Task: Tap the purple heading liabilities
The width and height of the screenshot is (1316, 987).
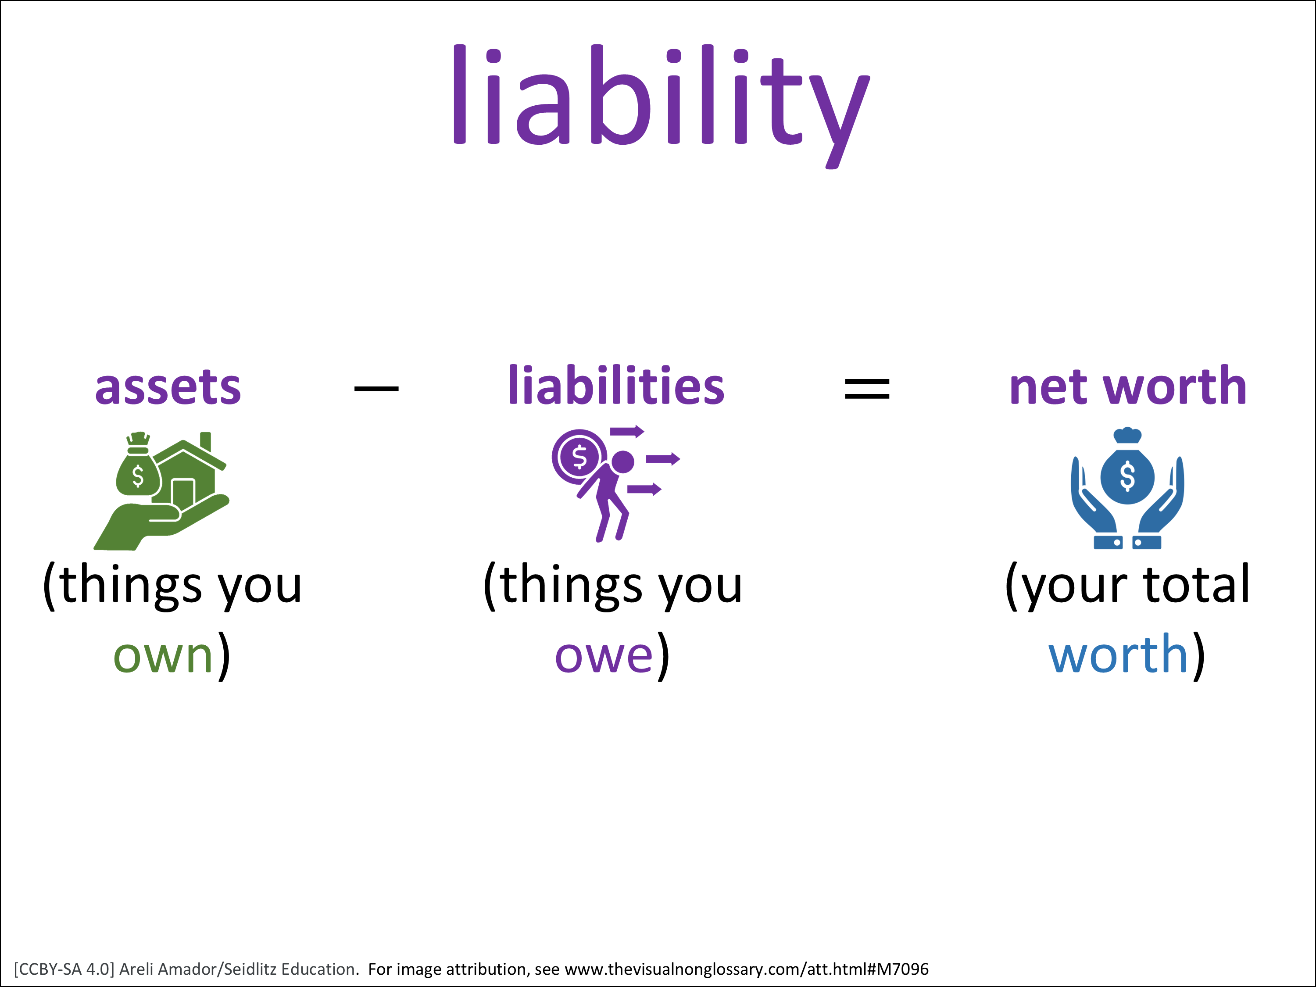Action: (616, 386)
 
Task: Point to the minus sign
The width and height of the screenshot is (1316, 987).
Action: (376, 389)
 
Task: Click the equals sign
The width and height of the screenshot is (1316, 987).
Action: (867, 389)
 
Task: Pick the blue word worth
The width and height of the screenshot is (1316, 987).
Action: (1119, 653)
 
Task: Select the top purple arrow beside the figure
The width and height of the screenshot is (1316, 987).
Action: (627, 431)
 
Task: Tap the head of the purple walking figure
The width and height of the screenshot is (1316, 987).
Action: (622, 461)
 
